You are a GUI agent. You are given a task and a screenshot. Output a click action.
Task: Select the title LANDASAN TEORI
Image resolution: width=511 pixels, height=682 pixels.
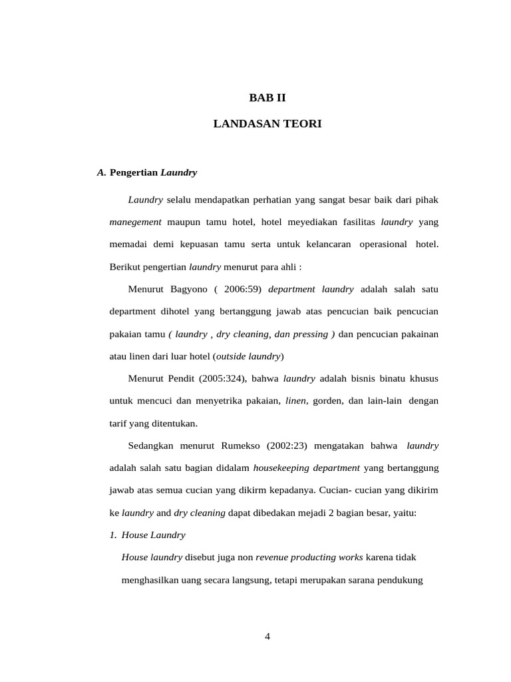tap(267, 124)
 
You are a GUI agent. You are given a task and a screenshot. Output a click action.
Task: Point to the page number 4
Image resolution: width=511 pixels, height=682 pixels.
tap(267, 636)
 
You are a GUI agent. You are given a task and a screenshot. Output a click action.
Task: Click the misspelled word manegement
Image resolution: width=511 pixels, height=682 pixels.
tap(135, 222)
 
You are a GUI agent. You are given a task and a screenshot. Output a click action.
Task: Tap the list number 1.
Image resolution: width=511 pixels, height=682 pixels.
tap(113, 535)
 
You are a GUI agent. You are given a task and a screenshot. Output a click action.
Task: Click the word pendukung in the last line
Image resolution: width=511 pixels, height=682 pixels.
tap(399, 580)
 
